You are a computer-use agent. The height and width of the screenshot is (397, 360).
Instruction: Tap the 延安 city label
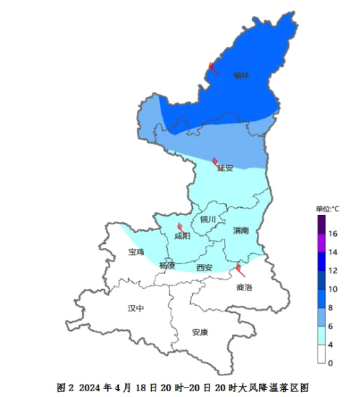[226, 168]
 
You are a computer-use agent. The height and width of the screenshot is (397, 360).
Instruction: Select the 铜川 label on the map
[208, 219]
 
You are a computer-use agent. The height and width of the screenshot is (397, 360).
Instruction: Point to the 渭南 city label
[241, 231]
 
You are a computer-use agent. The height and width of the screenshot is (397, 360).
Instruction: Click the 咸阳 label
[182, 237]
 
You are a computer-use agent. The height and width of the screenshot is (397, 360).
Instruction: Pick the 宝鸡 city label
[136, 252]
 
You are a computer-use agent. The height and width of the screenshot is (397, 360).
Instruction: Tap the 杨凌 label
[167, 265]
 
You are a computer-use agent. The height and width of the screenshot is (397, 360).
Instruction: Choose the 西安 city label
[204, 268]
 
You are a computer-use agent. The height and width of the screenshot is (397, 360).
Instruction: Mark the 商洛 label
[244, 287]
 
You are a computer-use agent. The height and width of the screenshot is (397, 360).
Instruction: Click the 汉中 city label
[136, 308]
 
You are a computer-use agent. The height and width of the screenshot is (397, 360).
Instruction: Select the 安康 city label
[199, 332]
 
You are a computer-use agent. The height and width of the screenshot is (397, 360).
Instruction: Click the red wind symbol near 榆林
[213, 68]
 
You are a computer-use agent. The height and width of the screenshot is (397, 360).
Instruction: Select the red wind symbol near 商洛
[240, 271]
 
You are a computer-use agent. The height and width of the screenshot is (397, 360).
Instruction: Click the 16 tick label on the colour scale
[333, 234]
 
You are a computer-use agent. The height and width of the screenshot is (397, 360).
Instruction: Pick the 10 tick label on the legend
[333, 289]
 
